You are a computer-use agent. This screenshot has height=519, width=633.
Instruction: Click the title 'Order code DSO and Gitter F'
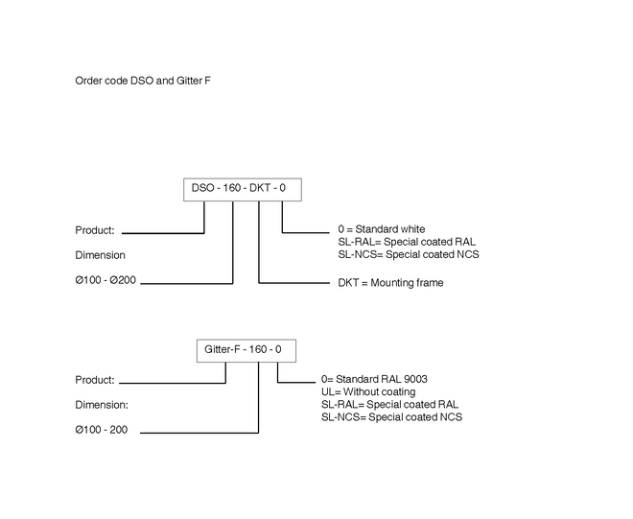tap(143, 81)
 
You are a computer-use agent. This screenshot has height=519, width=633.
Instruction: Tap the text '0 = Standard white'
tap(382, 229)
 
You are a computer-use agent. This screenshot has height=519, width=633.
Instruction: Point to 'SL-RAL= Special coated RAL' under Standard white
tap(407, 242)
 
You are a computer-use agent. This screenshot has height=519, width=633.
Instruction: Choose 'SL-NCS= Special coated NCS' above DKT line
tap(409, 254)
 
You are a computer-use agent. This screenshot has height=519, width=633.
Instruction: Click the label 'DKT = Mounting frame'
tap(390, 283)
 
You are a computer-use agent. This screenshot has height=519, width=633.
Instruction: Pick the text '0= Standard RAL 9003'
tap(374, 379)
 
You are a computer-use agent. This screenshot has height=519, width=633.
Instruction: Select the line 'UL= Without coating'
tap(368, 391)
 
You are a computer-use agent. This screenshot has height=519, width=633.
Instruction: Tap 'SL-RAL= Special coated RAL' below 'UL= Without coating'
tap(389, 404)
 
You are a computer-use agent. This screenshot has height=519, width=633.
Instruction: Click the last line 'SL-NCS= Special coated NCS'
tap(391, 416)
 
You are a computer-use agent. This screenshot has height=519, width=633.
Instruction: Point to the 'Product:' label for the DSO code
tap(95, 230)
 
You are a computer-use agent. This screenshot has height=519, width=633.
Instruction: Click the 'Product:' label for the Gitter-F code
tap(95, 380)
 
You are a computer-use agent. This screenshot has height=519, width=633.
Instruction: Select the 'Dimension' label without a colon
tap(100, 255)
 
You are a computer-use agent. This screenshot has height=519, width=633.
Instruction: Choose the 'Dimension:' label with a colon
tap(102, 405)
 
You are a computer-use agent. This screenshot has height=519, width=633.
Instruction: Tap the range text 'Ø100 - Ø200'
tap(105, 280)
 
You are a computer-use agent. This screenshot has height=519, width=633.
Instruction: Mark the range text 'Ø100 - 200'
tap(102, 430)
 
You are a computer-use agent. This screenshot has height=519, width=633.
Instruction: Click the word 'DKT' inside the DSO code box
tap(260, 188)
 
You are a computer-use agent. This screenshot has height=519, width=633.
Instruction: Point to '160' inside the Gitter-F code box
tap(257, 349)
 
